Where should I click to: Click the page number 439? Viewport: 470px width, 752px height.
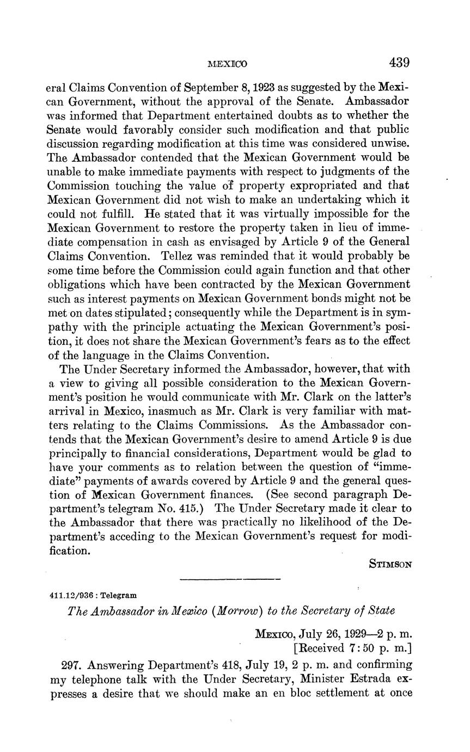(x=399, y=63)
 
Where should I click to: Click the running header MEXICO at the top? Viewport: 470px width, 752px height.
(x=228, y=64)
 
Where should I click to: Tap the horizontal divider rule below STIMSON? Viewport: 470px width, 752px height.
(x=230, y=579)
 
